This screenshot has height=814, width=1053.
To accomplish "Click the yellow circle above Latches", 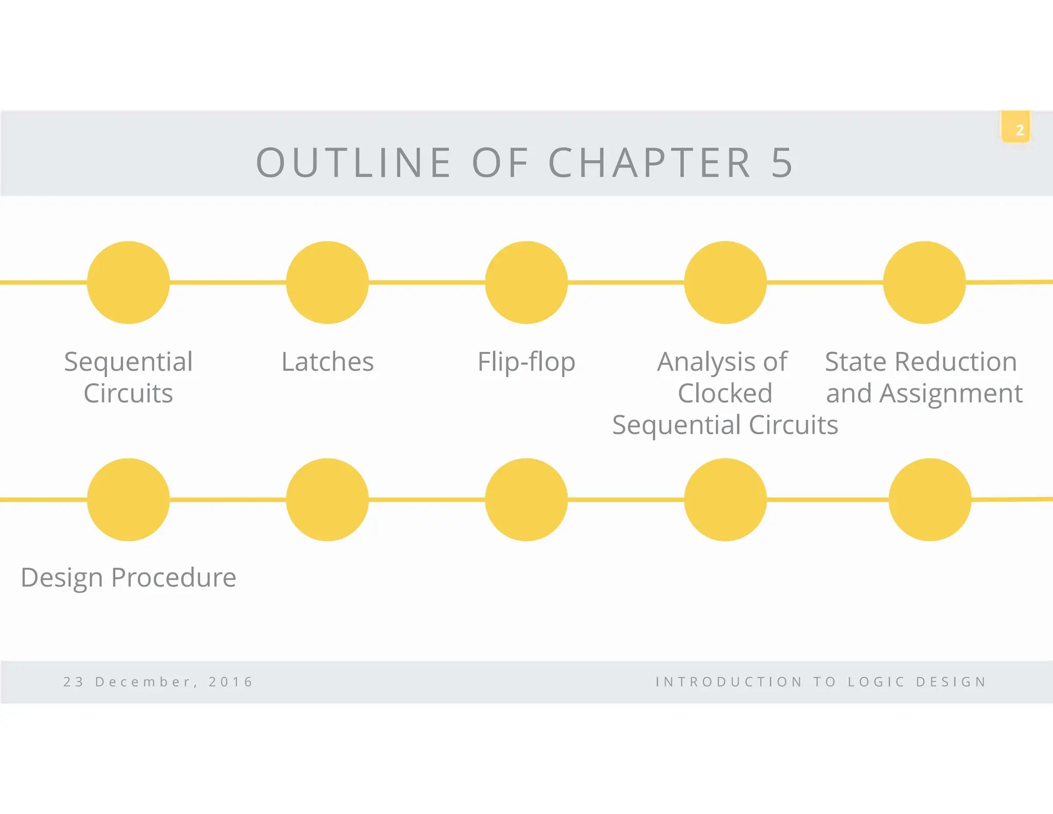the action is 328,282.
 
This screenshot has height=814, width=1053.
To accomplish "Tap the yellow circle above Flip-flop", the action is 526,282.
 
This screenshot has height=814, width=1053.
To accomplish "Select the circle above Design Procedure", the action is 129,500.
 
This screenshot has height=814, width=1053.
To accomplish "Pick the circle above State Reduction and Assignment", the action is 924,282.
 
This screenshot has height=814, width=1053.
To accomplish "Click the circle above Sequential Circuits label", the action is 129,282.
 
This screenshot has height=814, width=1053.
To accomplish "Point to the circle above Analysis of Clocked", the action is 725,282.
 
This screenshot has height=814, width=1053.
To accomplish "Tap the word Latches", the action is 328,362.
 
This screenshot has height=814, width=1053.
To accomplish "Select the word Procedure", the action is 173,577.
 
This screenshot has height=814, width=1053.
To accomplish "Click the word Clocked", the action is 725,394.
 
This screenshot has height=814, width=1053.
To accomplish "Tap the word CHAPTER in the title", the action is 650,163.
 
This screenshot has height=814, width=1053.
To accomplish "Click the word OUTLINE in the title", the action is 354,163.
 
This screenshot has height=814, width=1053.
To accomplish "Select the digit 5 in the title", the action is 782,163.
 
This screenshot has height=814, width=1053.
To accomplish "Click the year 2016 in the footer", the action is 231,682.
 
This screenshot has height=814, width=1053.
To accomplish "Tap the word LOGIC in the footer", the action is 876,682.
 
